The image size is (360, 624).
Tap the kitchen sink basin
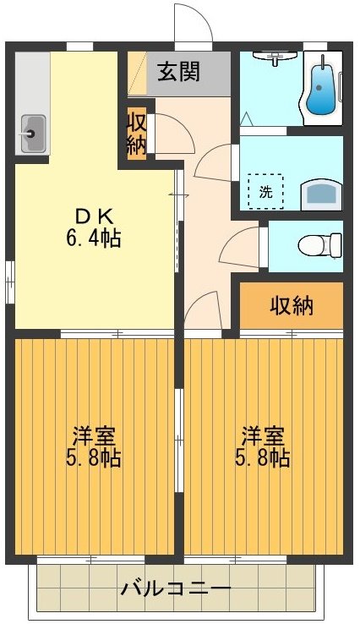(32, 132)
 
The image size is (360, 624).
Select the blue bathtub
(321, 88)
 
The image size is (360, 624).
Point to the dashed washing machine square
(265, 191)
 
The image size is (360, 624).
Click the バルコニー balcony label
(175, 588)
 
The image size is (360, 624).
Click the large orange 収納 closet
(292, 306)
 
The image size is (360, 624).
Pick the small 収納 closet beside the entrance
(137, 133)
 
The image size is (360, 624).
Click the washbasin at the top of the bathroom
(275, 56)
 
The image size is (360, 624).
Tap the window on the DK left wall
(9, 276)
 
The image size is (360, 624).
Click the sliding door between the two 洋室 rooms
(179, 440)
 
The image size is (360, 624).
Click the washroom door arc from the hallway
(215, 162)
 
